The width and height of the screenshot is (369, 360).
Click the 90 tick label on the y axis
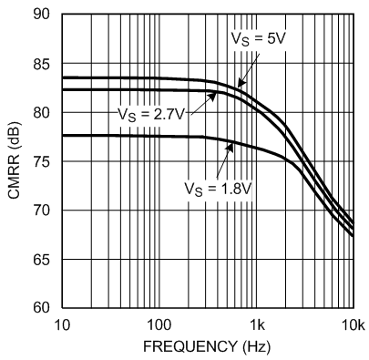42,15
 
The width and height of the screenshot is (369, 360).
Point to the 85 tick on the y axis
42,64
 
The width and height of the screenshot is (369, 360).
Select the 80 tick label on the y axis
42,113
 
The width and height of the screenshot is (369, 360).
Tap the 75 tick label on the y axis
42,162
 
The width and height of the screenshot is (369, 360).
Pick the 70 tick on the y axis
42,211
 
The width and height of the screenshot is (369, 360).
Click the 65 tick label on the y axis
42,260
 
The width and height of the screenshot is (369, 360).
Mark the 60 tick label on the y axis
42,308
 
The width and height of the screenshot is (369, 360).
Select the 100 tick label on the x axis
159,325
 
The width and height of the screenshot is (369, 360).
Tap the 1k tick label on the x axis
257,325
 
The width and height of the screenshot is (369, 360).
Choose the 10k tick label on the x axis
352,325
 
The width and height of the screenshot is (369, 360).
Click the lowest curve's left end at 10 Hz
62,136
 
